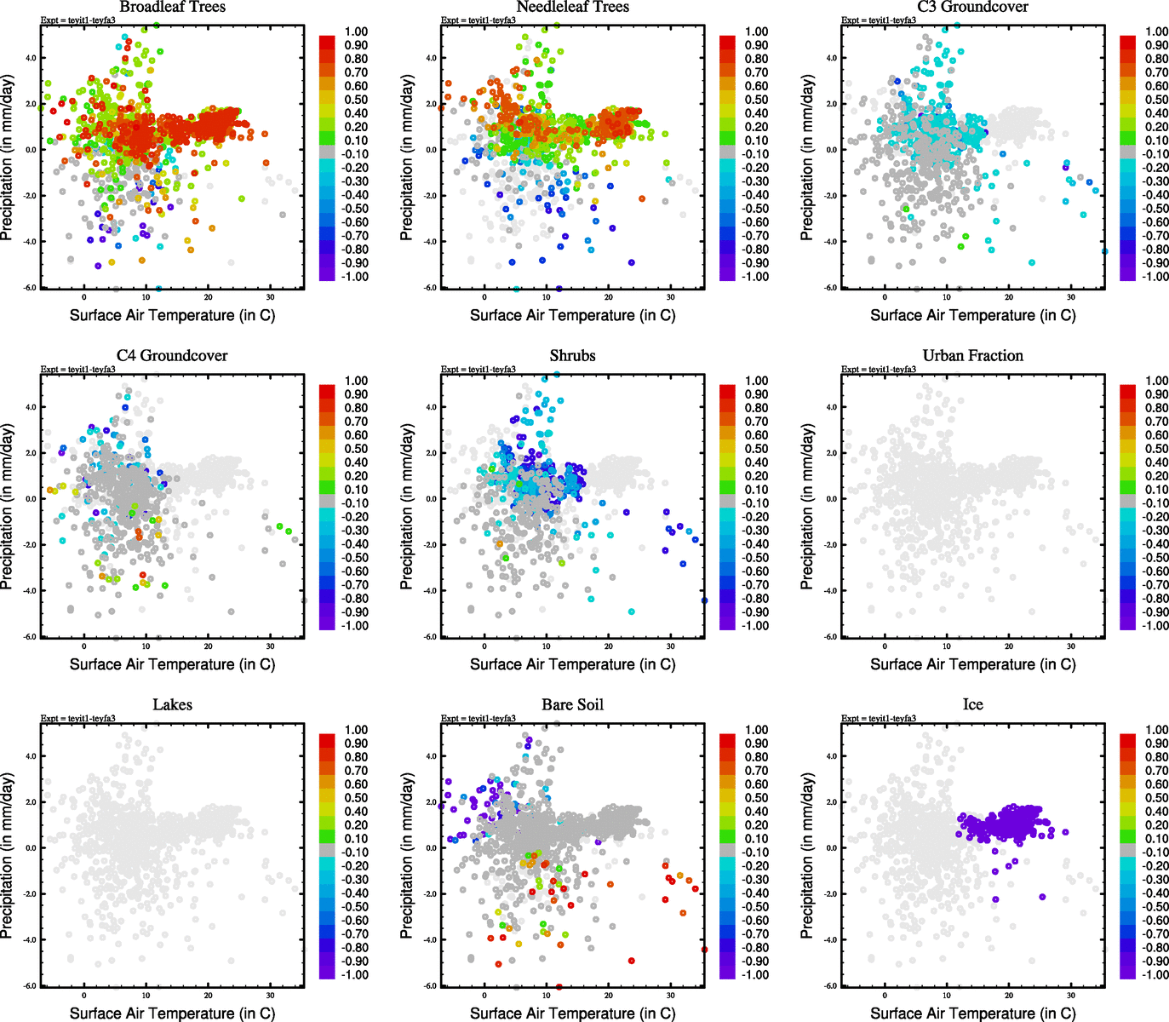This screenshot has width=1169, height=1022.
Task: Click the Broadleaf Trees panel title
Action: click(172, 8)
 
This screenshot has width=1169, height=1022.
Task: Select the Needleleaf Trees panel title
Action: click(572, 8)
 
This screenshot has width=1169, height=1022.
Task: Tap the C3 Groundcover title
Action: click(972, 8)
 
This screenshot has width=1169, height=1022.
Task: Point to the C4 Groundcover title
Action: click(172, 356)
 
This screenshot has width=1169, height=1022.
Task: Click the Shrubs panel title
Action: click(572, 356)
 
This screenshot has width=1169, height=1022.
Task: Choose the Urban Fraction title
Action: click(972, 356)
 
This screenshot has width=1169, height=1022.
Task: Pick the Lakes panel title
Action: click(172, 705)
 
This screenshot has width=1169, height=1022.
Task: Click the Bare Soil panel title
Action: click(572, 705)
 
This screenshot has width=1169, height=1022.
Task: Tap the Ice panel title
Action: click(972, 705)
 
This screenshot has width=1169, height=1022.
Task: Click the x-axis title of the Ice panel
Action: click(972, 1013)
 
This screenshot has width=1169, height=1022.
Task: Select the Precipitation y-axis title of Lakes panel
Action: click(8, 856)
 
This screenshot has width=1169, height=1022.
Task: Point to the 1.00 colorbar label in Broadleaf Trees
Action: click(356, 32)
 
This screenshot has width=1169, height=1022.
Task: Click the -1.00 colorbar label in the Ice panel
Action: click(1155, 975)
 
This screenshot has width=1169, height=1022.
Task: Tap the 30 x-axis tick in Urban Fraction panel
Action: click(1071, 646)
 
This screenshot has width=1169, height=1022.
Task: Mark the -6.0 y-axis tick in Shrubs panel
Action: click(430, 637)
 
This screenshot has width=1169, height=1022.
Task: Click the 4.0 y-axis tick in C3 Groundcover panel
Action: click(831, 58)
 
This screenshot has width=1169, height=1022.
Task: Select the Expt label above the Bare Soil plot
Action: click(478, 718)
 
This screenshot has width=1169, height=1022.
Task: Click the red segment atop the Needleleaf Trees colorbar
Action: click(728, 41)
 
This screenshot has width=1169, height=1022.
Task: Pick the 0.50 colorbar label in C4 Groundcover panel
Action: click(356, 449)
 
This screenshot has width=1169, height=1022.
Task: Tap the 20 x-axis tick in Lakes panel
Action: click(208, 996)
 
